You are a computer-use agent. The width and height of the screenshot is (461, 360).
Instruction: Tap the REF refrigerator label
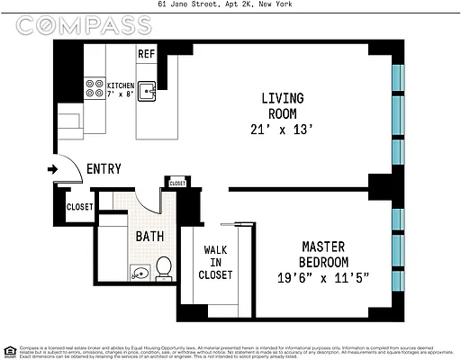(147, 54)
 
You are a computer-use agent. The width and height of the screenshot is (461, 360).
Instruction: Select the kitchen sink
(149, 91)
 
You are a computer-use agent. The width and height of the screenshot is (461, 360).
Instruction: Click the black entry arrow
(54, 168)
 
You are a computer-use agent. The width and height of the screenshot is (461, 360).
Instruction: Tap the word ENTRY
(104, 169)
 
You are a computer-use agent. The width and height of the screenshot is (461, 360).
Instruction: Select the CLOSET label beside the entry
(79, 207)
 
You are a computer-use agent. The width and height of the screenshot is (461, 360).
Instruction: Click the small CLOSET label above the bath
(176, 183)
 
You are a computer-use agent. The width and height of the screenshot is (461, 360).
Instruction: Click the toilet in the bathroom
(163, 267)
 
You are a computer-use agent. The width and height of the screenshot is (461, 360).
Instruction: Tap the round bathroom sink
(137, 271)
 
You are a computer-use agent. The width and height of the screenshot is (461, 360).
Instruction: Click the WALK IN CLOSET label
(217, 262)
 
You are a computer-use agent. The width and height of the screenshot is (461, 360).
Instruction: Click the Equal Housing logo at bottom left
(9, 351)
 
